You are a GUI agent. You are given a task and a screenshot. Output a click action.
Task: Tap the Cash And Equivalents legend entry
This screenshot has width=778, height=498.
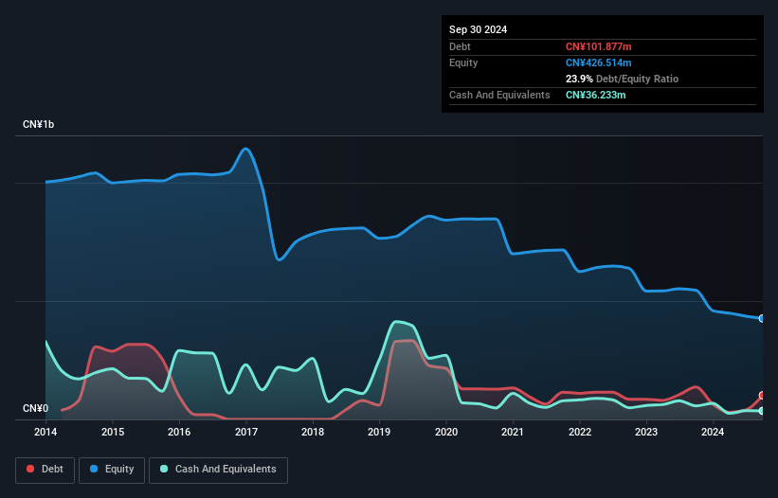(x=218, y=469)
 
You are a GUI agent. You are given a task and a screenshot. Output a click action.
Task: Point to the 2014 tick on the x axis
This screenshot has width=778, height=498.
(x=45, y=433)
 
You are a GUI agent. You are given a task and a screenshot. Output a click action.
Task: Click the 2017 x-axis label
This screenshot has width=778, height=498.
(x=245, y=433)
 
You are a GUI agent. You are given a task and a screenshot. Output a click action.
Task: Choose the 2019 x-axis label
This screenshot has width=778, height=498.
(x=379, y=433)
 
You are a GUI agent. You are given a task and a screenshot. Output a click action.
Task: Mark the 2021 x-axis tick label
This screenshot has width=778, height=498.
(x=513, y=433)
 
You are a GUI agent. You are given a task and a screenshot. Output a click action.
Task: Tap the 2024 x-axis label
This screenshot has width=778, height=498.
(x=713, y=433)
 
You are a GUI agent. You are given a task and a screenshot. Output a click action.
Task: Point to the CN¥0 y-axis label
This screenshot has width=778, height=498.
(x=35, y=409)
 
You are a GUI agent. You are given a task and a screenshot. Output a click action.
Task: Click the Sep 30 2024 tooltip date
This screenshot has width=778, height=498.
(x=478, y=29)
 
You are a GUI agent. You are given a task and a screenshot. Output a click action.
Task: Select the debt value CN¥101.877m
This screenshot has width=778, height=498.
(x=598, y=46)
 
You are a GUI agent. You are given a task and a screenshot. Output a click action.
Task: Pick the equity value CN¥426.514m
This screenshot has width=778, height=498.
(x=598, y=62)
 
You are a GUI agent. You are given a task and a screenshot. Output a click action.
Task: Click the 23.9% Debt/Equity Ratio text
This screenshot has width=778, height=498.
(x=622, y=79)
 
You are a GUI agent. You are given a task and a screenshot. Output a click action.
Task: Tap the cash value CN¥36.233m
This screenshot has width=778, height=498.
(x=595, y=95)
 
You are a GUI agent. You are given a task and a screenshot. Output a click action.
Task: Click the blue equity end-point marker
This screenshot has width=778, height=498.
(x=761, y=318)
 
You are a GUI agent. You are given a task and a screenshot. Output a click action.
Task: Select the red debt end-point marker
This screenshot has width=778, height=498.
(x=761, y=396)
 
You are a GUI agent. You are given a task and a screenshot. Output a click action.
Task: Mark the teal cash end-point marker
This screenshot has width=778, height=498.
(x=761, y=411)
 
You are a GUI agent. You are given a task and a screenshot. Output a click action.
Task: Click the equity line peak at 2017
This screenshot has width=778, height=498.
(x=246, y=149)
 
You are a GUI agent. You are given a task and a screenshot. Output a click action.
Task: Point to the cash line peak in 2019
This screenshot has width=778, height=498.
(x=396, y=322)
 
